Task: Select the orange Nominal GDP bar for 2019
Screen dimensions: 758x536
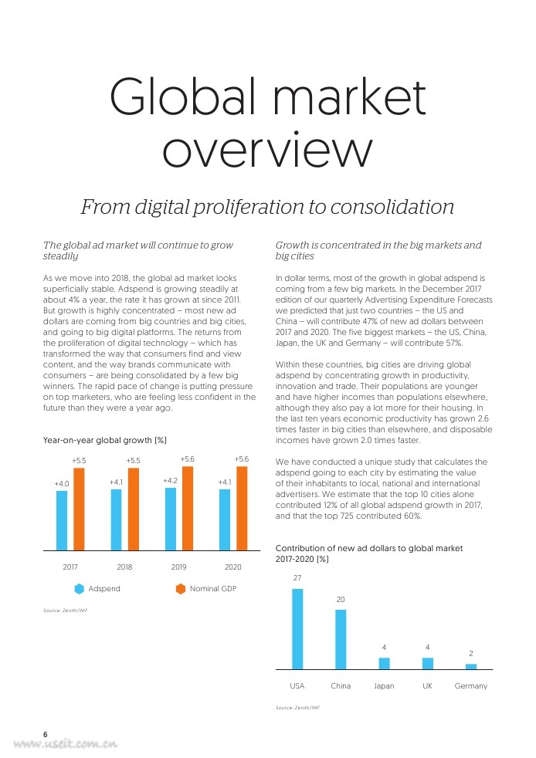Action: point(188,508)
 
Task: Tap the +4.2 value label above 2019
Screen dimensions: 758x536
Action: point(171,481)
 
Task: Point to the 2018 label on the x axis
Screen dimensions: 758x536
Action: point(124,567)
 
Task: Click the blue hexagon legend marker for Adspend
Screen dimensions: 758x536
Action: point(79,589)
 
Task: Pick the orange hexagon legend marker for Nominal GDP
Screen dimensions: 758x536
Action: point(181,589)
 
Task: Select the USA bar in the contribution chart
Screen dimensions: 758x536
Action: point(297,628)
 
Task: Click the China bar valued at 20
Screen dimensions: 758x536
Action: point(341,639)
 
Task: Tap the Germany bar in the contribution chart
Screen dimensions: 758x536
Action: point(471,665)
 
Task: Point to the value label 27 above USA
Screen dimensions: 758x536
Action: point(297,578)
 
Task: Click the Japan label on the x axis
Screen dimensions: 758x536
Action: point(384,686)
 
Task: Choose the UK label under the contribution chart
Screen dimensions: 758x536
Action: point(427,686)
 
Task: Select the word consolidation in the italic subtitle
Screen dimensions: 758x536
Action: point(386,208)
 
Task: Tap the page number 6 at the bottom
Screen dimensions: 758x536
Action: point(46,734)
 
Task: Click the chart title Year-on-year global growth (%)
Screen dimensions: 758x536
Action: point(105,441)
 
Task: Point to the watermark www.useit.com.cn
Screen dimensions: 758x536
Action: point(66,745)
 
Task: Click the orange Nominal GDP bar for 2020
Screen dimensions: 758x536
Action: point(242,508)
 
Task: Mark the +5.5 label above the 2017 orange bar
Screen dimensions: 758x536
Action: point(79,460)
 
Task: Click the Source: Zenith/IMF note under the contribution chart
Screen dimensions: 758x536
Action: point(297,707)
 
